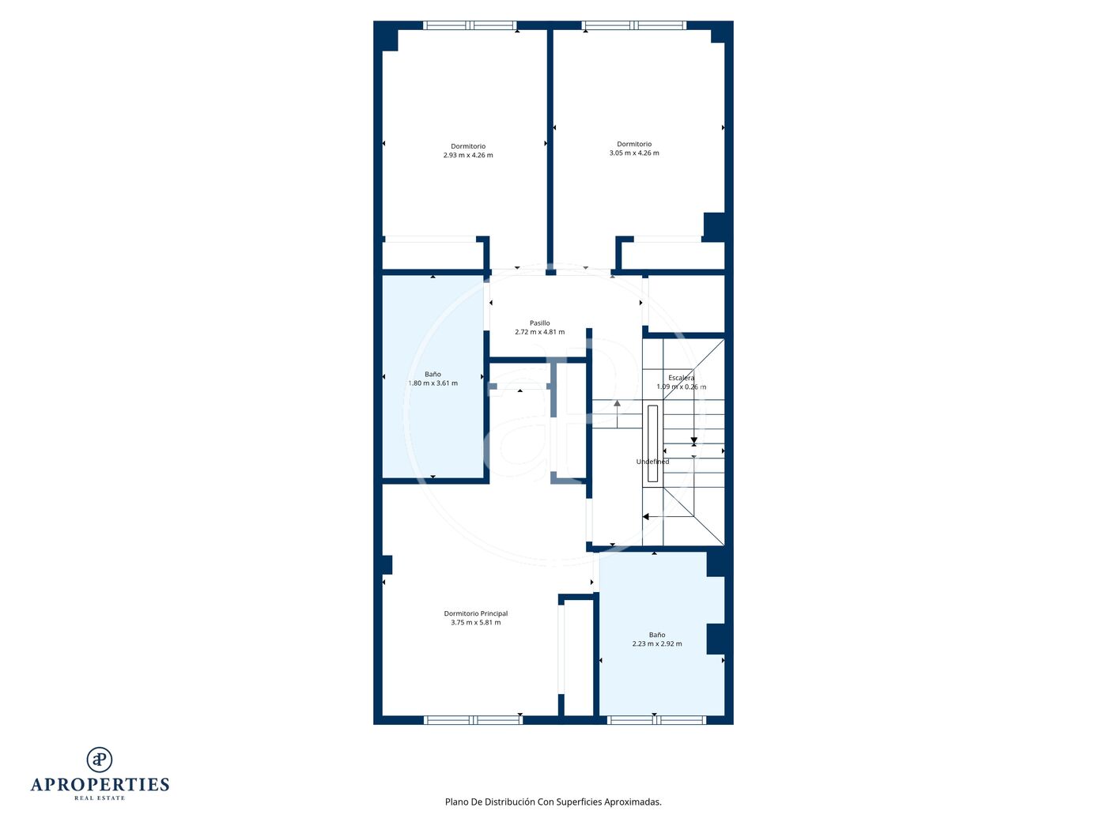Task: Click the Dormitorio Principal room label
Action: (475, 613)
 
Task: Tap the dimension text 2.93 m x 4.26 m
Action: (468, 155)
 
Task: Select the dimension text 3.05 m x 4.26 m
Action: (634, 153)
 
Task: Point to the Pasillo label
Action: (539, 323)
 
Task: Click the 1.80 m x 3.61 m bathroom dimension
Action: (433, 383)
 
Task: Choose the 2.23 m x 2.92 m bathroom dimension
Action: (656, 643)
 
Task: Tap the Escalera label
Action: (681, 378)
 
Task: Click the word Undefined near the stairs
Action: (652, 462)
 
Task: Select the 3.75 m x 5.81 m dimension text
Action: (475, 622)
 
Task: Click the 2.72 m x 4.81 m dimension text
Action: (539, 332)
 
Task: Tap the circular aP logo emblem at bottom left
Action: (100, 760)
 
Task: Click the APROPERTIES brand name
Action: (100, 785)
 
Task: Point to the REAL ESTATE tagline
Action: (100, 798)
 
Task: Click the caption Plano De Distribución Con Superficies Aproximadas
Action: (553, 802)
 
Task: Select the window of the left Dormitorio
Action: (470, 25)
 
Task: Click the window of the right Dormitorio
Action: (633, 25)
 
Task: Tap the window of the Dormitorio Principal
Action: (473, 720)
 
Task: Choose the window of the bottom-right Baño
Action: (656, 720)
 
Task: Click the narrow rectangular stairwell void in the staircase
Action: (652, 444)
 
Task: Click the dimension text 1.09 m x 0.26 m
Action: (681, 387)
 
